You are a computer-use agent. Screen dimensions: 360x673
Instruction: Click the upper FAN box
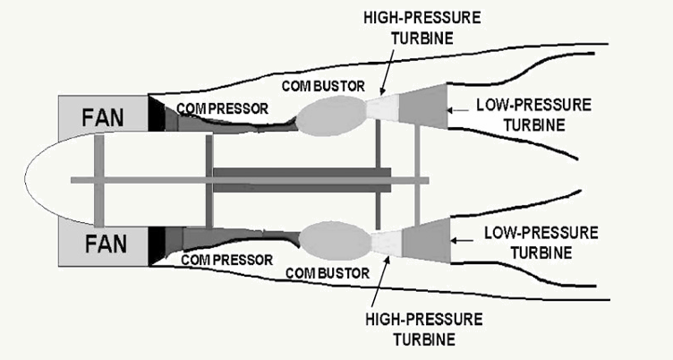tap(101, 116)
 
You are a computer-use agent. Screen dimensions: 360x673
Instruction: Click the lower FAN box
tap(101, 244)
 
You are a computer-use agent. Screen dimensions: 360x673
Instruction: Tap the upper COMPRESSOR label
tap(221, 108)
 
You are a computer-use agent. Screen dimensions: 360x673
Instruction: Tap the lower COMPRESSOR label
tap(226, 260)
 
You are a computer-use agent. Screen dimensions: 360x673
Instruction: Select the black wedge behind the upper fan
tap(155, 116)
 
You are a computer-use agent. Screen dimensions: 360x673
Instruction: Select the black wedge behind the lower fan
tap(155, 244)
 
